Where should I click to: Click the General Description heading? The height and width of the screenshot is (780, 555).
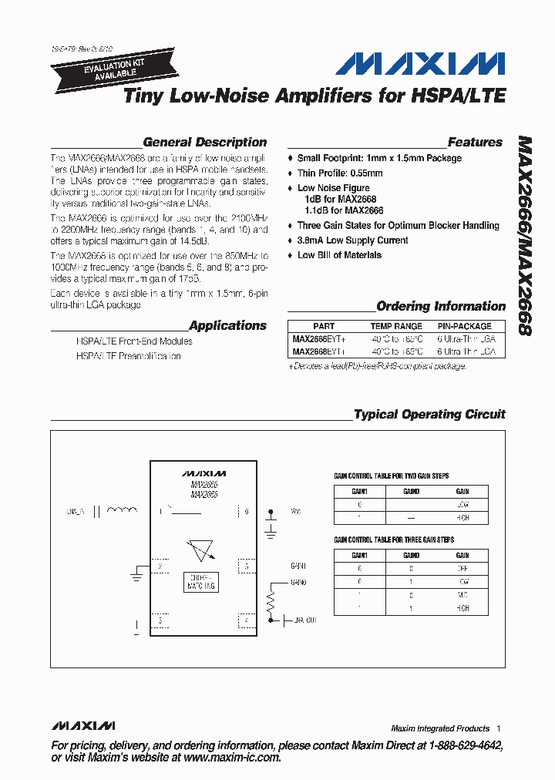(204, 143)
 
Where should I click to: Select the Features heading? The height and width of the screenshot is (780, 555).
(475, 143)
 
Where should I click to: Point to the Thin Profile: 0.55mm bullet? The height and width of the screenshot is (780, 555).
(340, 173)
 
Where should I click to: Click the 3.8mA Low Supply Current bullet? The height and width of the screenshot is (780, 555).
(352, 240)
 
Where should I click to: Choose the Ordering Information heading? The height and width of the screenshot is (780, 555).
(441, 306)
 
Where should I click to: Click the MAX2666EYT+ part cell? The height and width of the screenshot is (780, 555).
(319, 338)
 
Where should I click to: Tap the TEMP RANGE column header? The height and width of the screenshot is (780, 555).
(396, 326)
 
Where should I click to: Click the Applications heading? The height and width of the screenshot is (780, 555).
(227, 326)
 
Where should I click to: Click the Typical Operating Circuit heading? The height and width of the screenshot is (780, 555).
(429, 415)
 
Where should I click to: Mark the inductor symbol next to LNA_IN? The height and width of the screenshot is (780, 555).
(123, 510)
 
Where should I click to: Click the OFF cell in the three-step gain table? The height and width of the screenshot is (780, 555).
(462, 569)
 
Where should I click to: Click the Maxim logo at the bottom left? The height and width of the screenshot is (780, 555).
(83, 726)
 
